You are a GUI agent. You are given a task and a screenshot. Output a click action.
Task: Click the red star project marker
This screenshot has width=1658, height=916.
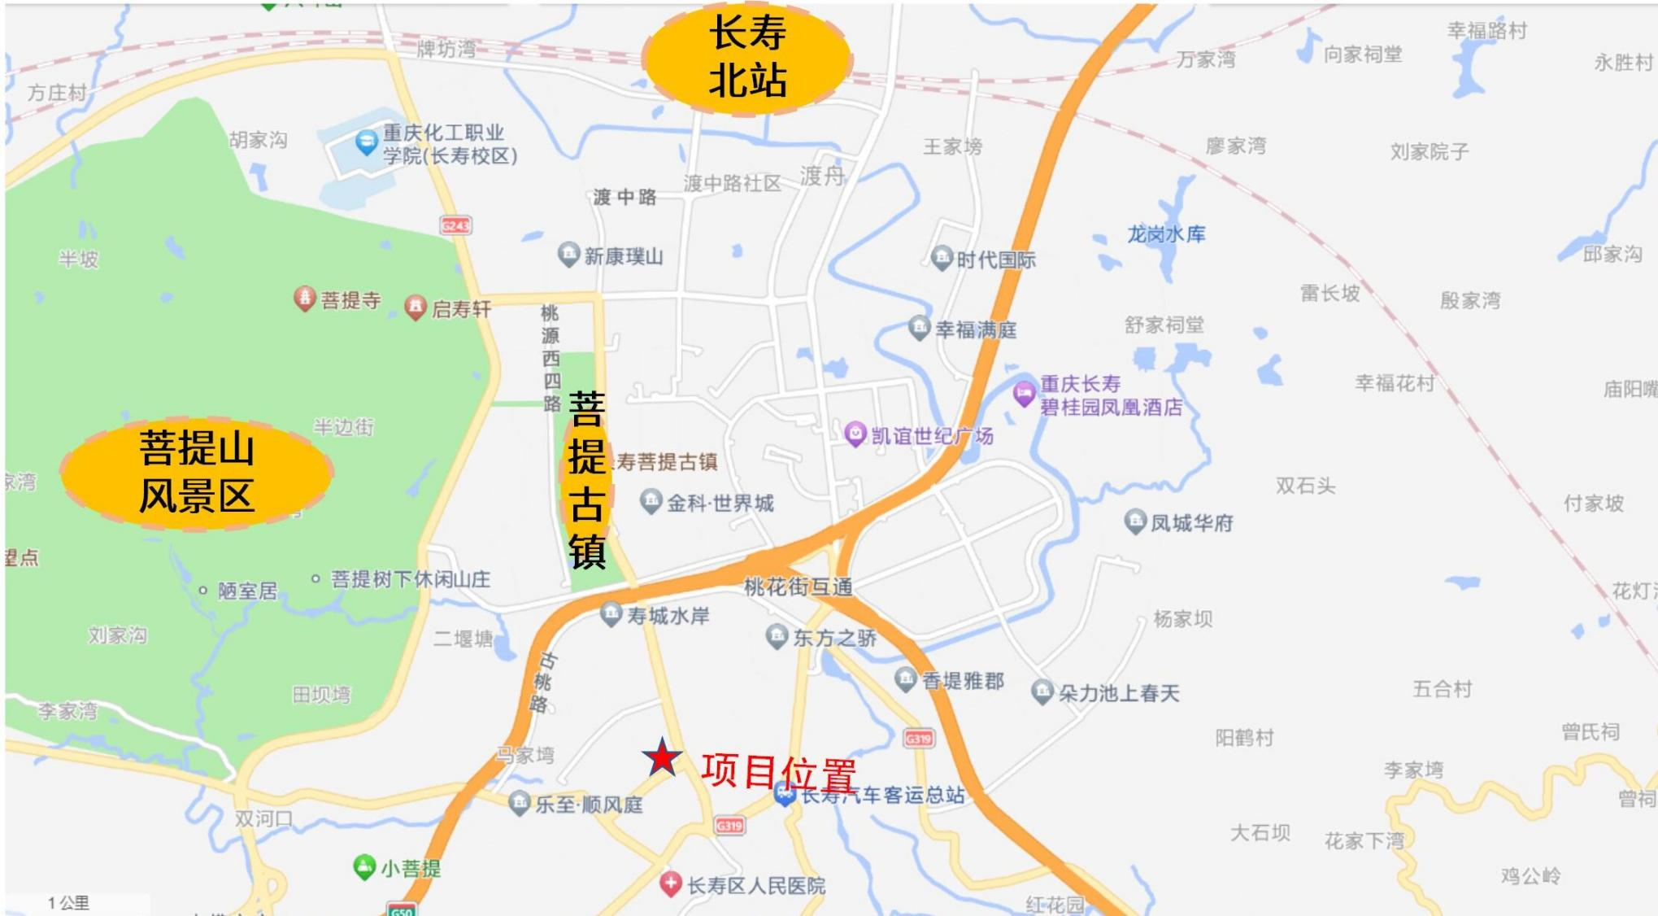coord(662,757)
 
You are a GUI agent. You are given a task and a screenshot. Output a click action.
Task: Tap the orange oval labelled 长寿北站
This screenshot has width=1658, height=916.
coord(746,59)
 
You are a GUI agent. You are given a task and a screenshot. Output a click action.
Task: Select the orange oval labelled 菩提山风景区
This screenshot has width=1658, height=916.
coord(196,474)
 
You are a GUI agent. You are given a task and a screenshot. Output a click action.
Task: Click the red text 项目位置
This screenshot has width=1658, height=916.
coord(778,771)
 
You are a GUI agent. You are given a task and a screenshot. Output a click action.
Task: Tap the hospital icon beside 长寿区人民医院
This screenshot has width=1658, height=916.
coord(670,883)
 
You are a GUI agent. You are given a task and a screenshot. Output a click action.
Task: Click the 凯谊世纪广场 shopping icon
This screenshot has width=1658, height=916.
coord(854,434)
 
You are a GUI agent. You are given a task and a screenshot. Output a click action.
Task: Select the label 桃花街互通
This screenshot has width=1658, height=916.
coord(798,587)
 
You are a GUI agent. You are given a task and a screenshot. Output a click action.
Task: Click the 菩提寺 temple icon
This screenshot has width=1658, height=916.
coord(304,299)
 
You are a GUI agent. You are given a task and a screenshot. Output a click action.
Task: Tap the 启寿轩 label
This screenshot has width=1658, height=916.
coord(461,309)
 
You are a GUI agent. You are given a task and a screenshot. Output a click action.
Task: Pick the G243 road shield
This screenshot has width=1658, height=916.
coord(455,225)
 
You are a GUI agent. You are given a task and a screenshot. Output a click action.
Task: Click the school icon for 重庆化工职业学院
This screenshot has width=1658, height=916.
coord(367,143)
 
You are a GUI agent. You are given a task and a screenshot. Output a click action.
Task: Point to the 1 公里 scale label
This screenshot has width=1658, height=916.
coord(68,903)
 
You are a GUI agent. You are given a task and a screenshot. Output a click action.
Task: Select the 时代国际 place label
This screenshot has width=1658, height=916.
coord(995,260)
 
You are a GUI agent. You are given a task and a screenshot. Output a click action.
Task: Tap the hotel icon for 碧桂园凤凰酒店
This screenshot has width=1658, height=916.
coord(1024,394)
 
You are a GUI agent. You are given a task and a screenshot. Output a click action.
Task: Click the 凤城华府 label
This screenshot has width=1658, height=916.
coord(1191,523)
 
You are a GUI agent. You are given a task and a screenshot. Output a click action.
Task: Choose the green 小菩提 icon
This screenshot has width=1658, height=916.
coord(364,866)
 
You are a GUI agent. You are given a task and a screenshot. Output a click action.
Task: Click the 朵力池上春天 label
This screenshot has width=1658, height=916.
coord(1118,693)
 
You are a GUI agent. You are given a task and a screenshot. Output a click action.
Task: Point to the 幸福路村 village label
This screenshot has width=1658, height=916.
coord(1486,31)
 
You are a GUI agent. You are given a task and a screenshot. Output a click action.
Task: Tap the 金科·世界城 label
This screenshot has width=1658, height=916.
coord(720,504)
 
